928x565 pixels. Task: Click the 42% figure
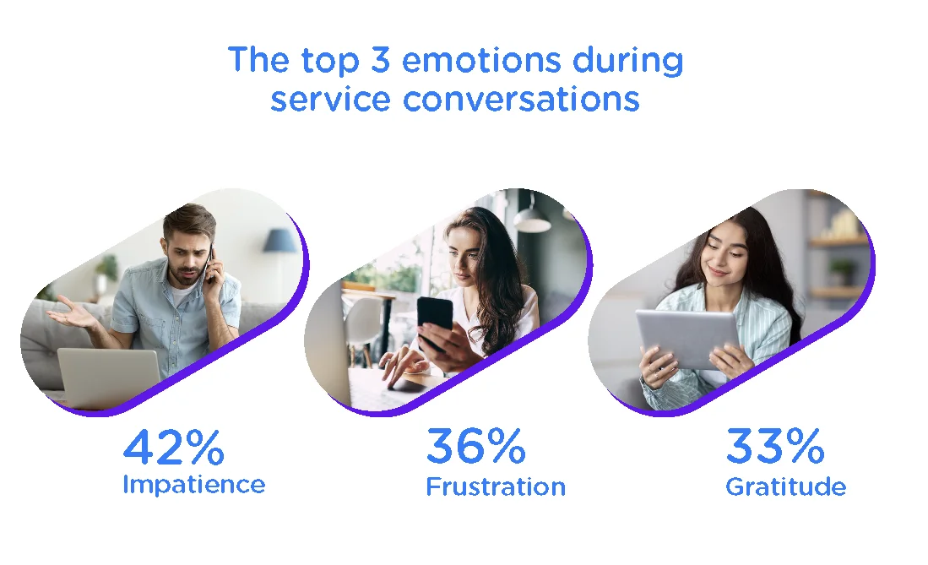pos(174,447)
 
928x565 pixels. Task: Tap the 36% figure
pos(475,447)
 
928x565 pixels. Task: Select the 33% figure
pos(775,447)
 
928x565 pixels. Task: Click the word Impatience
pos(194,486)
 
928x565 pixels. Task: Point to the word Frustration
pos(496,487)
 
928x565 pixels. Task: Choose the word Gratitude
pos(786,487)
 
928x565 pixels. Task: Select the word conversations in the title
pos(521,99)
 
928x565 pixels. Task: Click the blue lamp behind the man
pos(279,240)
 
